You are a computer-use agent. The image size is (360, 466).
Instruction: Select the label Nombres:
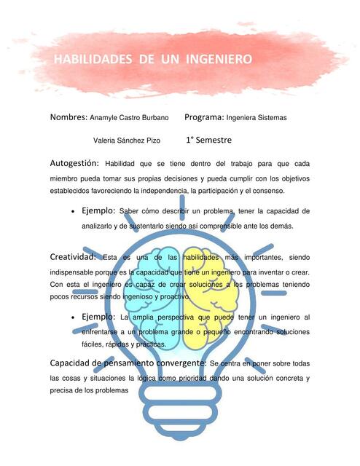coord(69,117)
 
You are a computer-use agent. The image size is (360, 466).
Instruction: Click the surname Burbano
coord(154,117)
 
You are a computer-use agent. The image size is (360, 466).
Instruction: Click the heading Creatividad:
coord(74,257)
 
